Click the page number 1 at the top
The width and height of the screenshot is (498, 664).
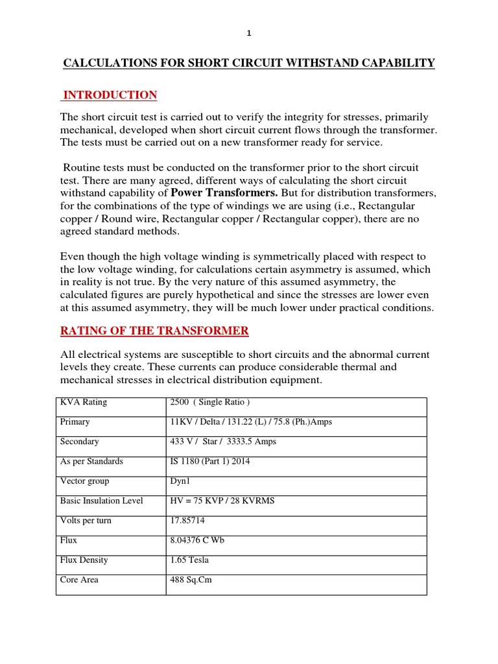pos(248,34)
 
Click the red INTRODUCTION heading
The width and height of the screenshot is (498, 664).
pos(109,95)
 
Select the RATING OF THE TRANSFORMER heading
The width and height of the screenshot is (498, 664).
pos(154,331)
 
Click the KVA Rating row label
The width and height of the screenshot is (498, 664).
pos(84,402)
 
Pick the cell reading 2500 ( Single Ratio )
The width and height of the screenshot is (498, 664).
pos(209,402)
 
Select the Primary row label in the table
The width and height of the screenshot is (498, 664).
pos(75,421)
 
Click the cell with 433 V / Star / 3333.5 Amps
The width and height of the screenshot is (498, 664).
pos(223,442)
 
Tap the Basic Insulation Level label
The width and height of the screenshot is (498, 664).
pos(102,501)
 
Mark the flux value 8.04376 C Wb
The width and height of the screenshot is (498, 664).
pos(197,540)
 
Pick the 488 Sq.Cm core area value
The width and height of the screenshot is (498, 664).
pos(191,580)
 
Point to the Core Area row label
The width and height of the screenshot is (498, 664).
pos(79,580)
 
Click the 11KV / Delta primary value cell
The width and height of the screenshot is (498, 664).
pos(251,421)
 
